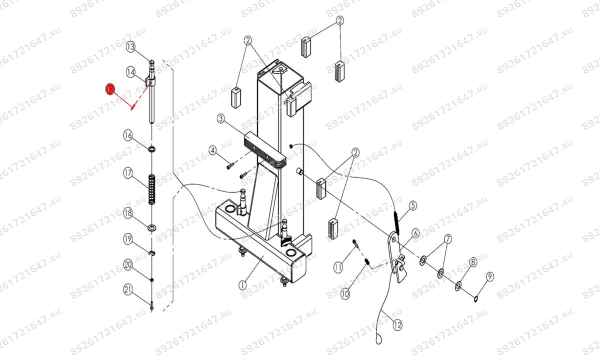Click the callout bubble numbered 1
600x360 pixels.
point(242,285)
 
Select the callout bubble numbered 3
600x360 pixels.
point(220,118)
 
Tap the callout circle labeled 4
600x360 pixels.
point(212,150)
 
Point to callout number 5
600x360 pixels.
point(413,205)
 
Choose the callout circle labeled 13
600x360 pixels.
point(130,47)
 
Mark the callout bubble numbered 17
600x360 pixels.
point(128,173)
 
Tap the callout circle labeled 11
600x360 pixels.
point(338,267)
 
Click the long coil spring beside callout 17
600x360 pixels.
point(151,188)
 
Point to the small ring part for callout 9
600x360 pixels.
point(476,299)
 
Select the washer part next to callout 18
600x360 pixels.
point(151,228)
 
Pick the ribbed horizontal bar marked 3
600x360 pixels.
point(264,149)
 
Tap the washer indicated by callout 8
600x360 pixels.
point(458,286)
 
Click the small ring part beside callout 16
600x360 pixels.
point(151,148)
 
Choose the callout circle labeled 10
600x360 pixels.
point(345,294)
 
